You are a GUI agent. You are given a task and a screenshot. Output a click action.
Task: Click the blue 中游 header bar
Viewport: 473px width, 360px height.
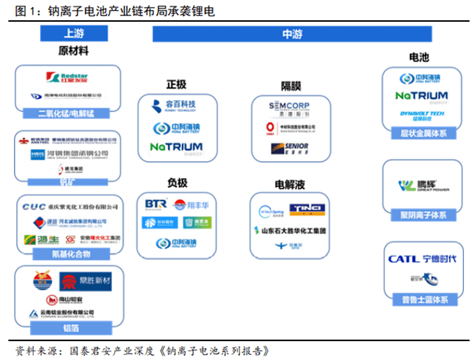(292, 33)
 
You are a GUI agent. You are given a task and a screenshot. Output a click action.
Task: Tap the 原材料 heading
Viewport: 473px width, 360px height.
(73, 51)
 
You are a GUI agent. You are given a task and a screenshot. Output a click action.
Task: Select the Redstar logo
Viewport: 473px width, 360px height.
(69, 77)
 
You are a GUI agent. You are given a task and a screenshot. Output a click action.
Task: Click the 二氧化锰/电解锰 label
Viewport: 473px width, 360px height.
(68, 112)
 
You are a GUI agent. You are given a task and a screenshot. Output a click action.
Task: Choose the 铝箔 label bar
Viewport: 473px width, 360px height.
(68, 326)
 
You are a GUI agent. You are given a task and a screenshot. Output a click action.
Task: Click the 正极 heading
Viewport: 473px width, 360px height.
(176, 84)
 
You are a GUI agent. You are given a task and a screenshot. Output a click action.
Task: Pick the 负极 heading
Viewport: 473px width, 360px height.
(177, 183)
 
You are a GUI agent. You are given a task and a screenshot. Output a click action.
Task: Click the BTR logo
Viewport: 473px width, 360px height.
(155, 205)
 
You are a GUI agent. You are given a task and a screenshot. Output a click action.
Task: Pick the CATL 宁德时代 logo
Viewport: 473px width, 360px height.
(422, 259)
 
